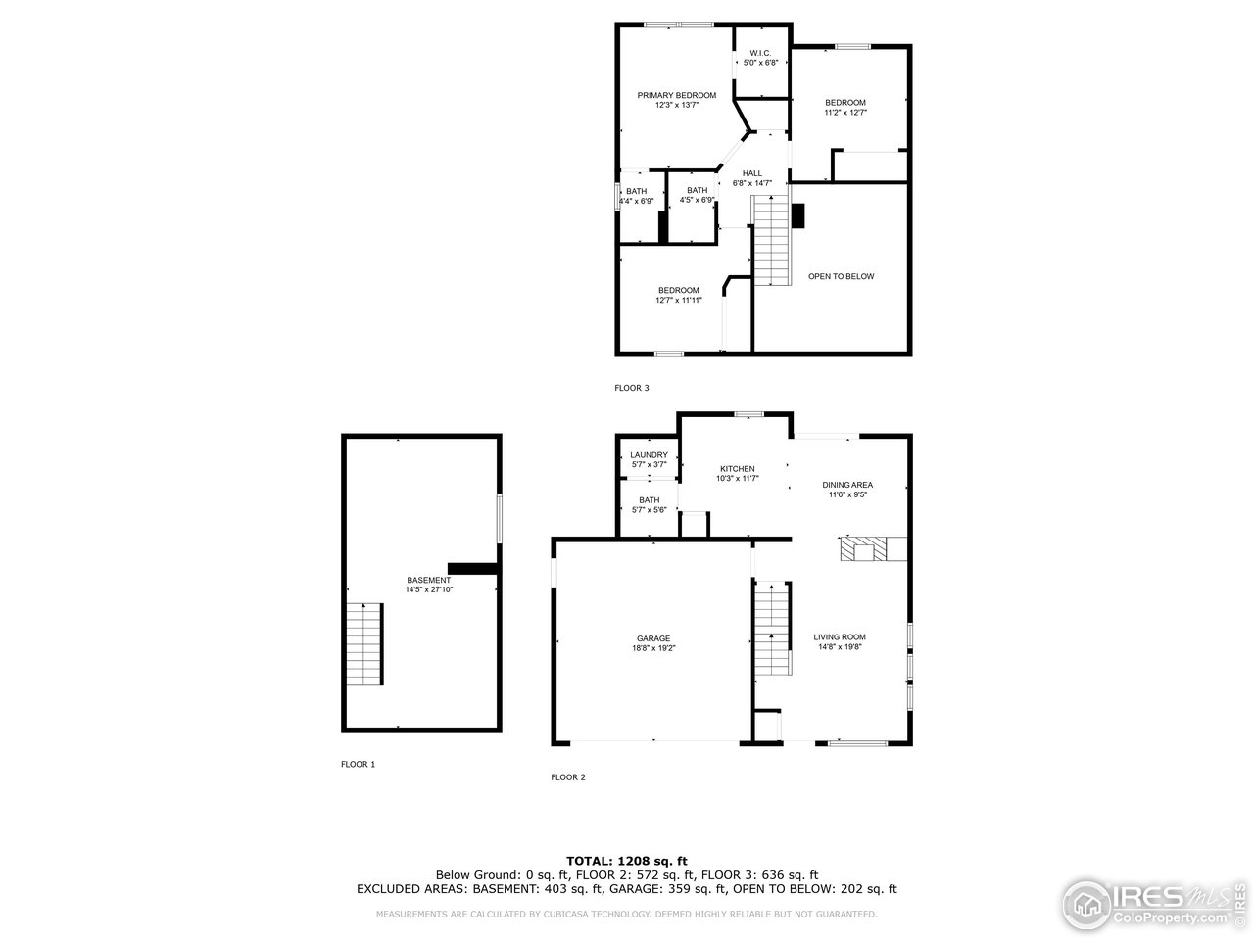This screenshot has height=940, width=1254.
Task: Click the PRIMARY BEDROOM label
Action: click(x=676, y=95)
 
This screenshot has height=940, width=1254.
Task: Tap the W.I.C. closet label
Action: click(x=760, y=53)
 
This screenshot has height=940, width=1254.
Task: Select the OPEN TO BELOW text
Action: click(x=841, y=276)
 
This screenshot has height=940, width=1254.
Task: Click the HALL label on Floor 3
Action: click(x=751, y=173)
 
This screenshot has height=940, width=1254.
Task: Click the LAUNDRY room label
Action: click(x=649, y=454)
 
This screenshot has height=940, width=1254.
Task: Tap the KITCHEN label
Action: click(x=738, y=468)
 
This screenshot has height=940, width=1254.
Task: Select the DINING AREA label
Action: click(x=847, y=485)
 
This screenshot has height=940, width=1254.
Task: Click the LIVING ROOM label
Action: click(x=840, y=636)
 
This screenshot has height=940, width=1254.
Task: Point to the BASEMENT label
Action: click(x=429, y=580)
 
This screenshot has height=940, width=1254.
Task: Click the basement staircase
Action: click(x=364, y=643)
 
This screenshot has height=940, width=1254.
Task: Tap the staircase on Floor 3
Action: click(x=771, y=241)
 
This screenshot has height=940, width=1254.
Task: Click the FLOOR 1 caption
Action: click(x=358, y=764)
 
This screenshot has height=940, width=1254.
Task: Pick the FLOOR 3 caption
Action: click(x=632, y=388)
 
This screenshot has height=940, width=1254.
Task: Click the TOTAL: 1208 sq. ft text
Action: click(x=626, y=860)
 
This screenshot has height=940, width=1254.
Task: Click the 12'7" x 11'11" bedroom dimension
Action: click(x=678, y=301)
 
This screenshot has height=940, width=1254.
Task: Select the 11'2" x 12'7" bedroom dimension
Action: click(x=844, y=113)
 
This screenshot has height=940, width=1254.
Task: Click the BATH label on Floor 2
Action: click(x=649, y=499)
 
